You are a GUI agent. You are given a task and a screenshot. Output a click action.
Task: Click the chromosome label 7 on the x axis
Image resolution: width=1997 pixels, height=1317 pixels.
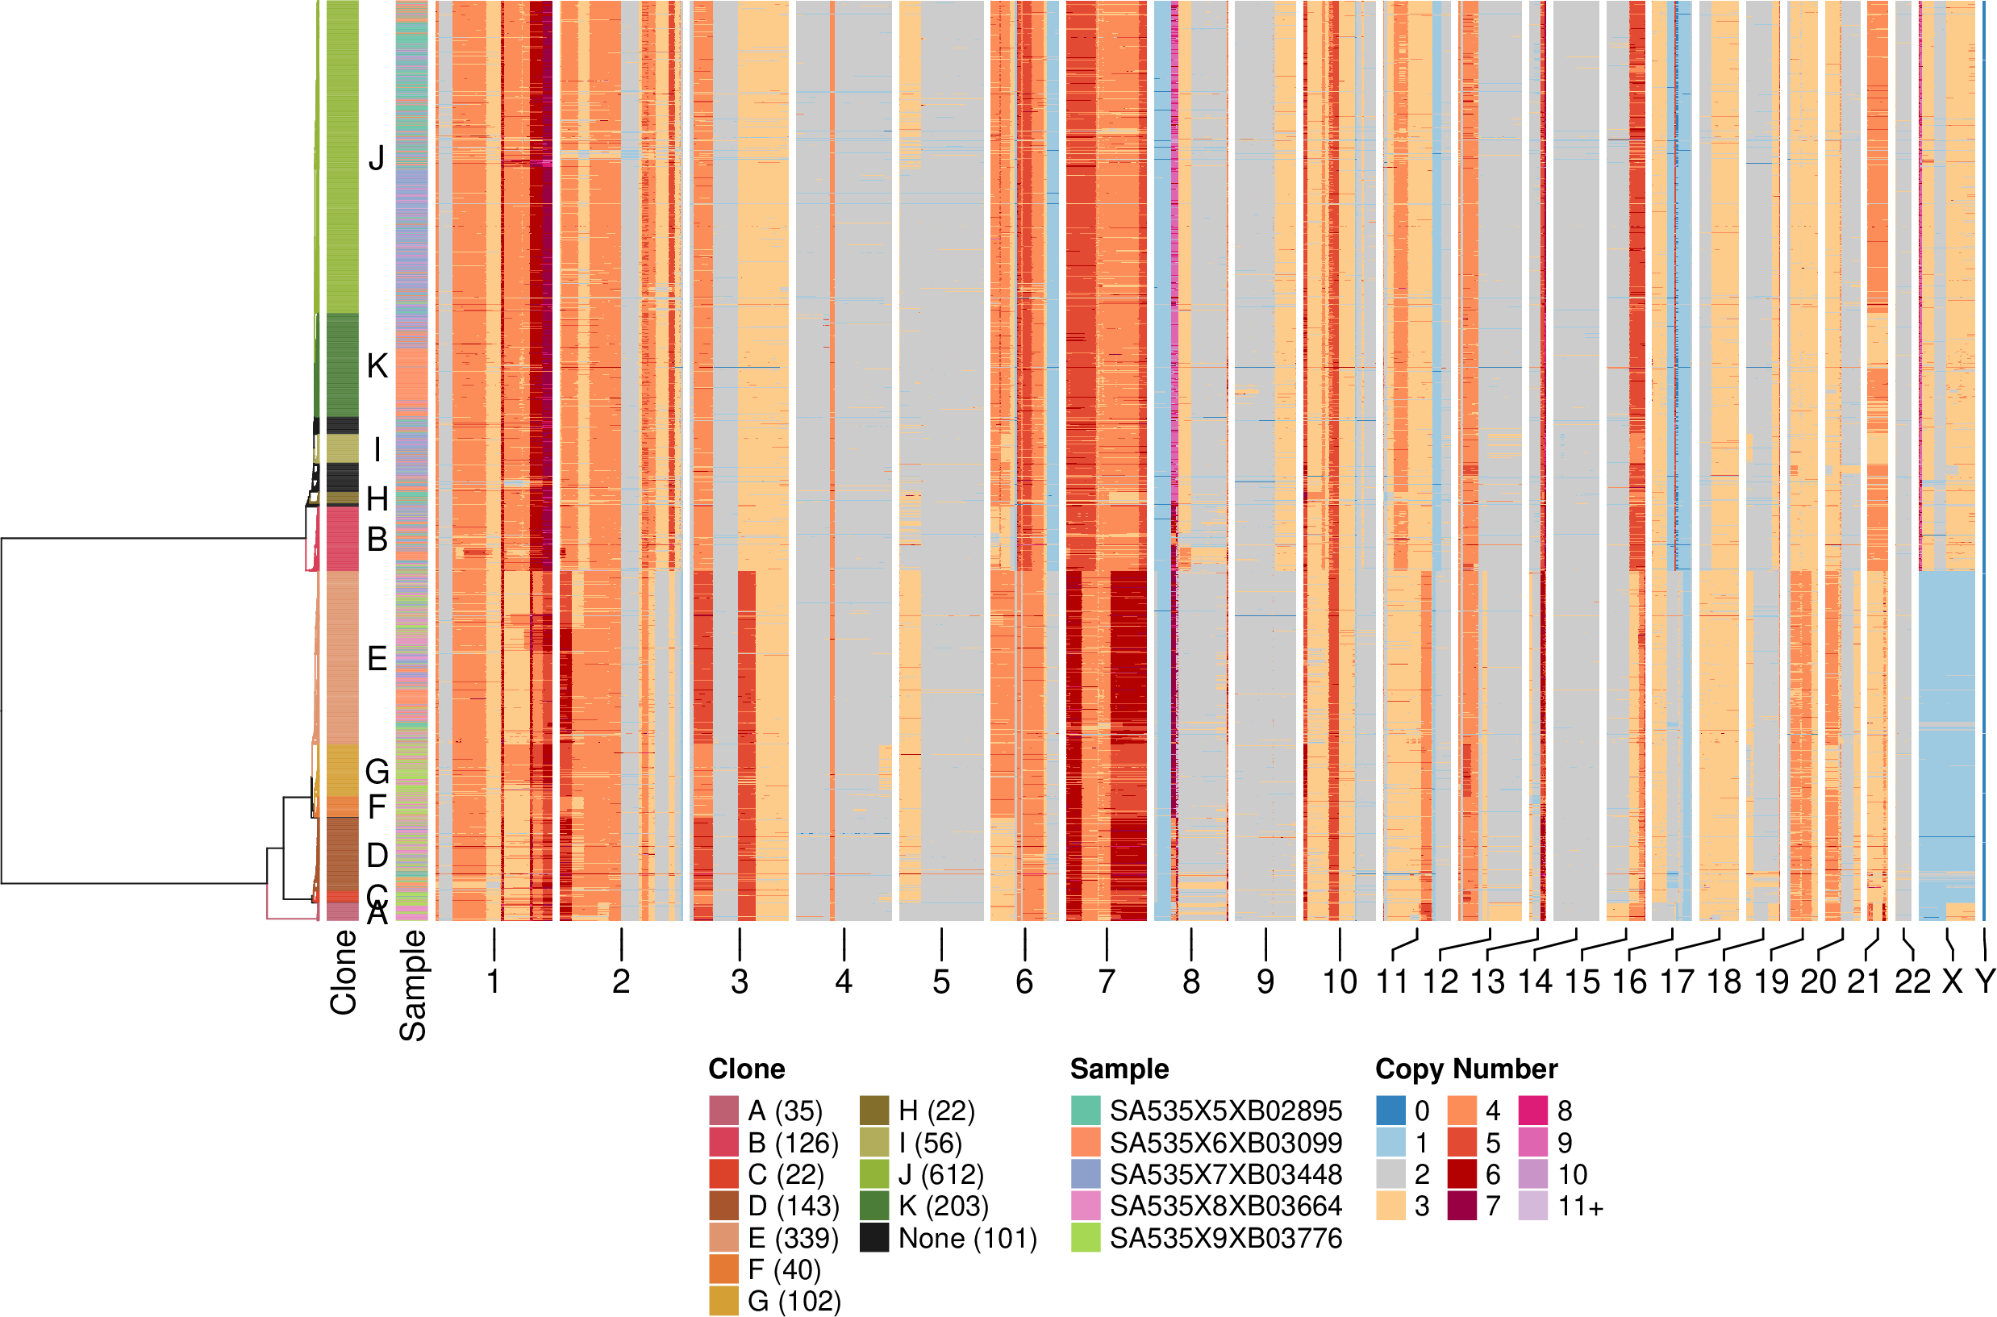point(1106,981)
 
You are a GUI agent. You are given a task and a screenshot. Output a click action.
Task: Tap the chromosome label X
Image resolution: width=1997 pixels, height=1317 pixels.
point(1952,981)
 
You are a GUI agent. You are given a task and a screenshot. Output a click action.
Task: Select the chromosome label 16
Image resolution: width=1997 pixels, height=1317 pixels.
point(1629,981)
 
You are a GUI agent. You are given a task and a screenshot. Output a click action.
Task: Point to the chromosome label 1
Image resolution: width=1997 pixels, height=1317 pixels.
point(494,981)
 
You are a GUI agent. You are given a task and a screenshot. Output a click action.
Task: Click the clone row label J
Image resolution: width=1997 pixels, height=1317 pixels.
point(377,158)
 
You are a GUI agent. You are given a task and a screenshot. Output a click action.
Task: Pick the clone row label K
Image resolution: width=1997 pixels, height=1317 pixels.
point(377,366)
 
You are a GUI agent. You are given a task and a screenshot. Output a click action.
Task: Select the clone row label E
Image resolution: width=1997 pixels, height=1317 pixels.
point(377,658)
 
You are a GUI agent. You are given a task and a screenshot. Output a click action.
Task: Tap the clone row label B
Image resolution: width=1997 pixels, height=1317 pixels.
point(377,540)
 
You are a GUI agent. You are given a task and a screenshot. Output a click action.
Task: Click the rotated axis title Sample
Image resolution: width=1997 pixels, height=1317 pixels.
point(412,986)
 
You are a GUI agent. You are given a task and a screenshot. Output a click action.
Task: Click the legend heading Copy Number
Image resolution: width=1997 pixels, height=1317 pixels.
point(1466,1069)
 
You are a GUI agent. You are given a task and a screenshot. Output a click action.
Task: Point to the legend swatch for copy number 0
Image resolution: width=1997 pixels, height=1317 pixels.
point(1390,1111)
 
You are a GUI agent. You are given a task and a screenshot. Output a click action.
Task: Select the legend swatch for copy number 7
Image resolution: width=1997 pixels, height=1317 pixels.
point(1462,1207)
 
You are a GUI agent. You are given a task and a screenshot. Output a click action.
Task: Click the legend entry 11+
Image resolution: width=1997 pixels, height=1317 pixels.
point(1581,1207)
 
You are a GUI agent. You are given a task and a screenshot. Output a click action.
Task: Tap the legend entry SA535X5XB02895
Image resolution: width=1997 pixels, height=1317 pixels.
point(1225,1111)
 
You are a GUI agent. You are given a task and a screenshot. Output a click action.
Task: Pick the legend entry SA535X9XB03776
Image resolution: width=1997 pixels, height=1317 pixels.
point(1225,1238)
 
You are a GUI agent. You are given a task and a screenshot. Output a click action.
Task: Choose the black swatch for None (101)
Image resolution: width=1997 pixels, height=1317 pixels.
point(874,1238)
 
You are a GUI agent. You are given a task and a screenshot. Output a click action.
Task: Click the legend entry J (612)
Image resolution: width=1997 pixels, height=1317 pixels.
point(940,1174)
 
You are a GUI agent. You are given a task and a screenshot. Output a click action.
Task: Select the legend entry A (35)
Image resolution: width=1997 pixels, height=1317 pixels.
point(784,1111)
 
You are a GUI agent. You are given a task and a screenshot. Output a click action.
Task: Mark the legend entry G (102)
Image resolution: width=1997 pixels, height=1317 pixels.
point(794,1301)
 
